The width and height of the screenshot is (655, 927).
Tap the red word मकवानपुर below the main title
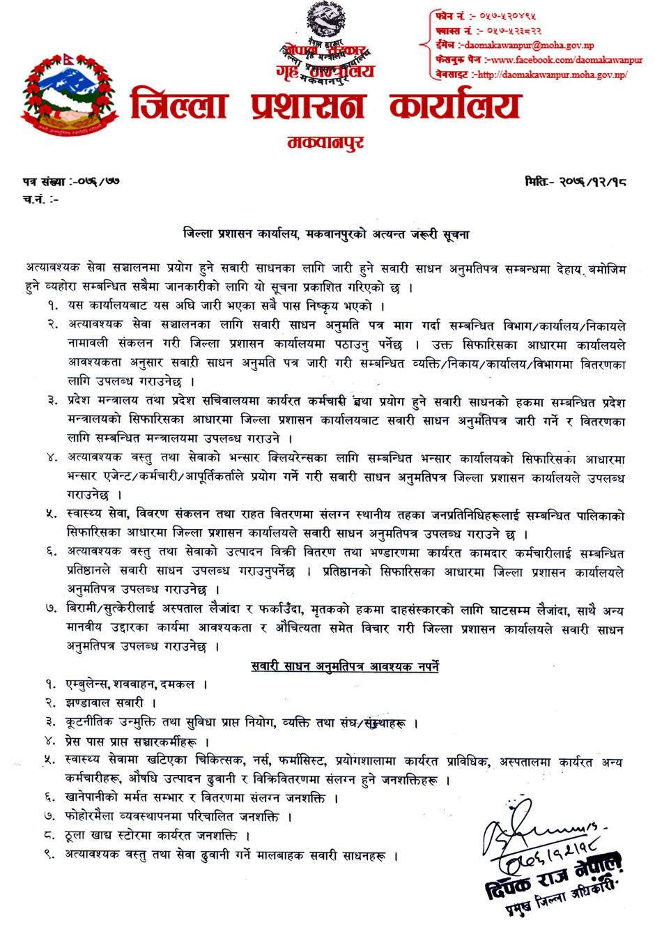[x=325, y=144]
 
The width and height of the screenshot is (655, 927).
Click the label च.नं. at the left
[x=35, y=199]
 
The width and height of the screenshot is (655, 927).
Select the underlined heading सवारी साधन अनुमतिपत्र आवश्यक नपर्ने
[x=345, y=667]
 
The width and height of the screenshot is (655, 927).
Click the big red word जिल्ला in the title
[x=179, y=105]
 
